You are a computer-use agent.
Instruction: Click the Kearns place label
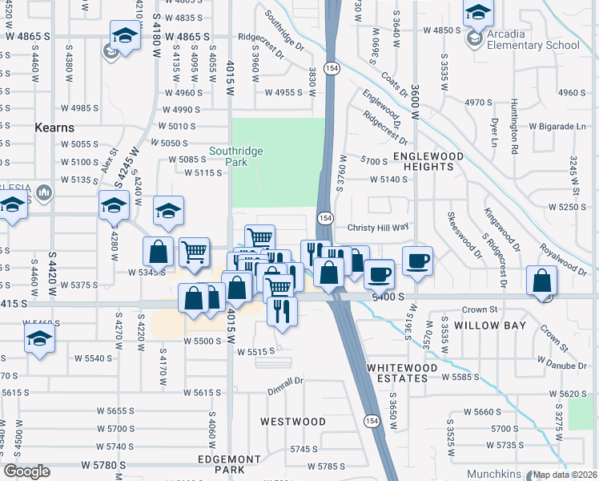[54, 127]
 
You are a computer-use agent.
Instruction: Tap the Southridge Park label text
[236, 156]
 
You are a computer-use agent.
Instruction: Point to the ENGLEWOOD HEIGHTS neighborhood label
[428, 160]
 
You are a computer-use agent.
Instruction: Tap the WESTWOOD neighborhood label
[293, 421]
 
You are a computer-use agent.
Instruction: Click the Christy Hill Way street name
[377, 227]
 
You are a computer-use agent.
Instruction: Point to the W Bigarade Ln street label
[557, 127]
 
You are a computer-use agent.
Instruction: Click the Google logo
[26, 472]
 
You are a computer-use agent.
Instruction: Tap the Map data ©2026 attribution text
[565, 475]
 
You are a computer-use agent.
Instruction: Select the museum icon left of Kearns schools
[43, 192]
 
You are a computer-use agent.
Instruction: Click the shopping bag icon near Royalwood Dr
[542, 282]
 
